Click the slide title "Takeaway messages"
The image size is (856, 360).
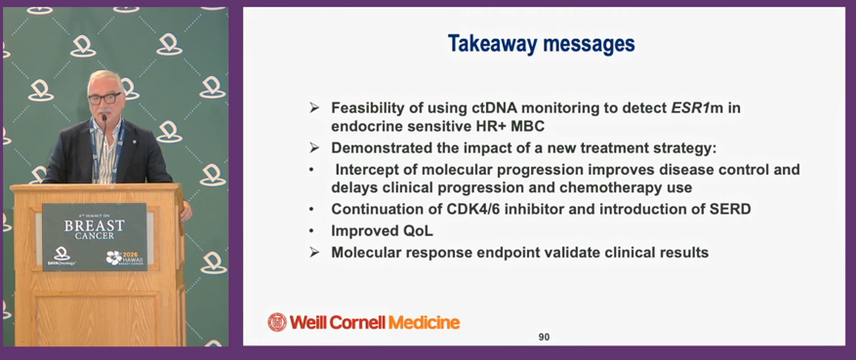coord(541,44)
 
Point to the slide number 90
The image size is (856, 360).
coord(544,338)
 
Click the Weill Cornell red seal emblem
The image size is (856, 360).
coord(277,322)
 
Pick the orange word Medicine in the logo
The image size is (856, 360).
coord(424,322)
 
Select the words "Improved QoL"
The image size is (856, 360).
coord(382,230)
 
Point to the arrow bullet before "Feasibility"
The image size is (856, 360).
coord(313,108)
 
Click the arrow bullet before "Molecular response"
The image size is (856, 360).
coord(313,253)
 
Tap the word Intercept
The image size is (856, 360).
coord(365,170)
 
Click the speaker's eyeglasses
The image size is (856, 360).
coord(103,99)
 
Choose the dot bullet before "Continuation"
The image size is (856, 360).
coord(311,210)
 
